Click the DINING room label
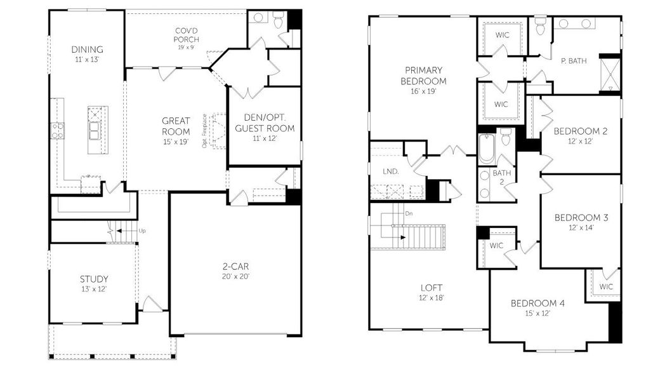pos(87,50)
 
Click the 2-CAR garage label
pos(235,267)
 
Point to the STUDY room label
pos(93,279)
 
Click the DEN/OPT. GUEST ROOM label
pos(265,123)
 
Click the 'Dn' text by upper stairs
pos(409,214)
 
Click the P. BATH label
pos(573,61)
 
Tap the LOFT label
pos(430,287)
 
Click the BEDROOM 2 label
pos(580,131)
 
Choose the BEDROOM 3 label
pos(581,218)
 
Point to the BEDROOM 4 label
pos(537,303)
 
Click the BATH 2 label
pos(501,177)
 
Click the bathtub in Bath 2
pos(486,148)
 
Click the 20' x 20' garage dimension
pos(235,277)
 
